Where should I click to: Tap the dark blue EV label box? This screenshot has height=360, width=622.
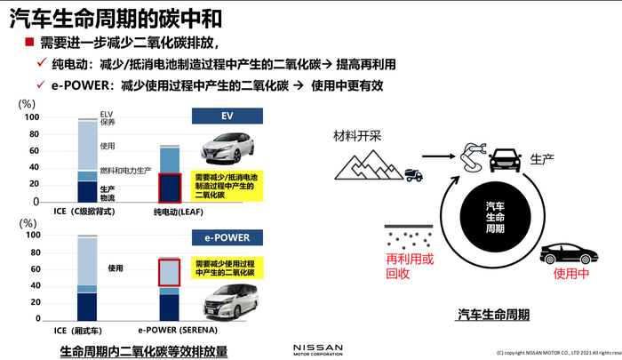[x=227, y=116]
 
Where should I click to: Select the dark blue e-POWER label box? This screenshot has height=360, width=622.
[x=227, y=237]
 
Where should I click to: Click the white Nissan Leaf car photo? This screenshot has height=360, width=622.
[x=227, y=147]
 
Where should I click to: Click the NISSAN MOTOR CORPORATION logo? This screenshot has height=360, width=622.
[x=317, y=348]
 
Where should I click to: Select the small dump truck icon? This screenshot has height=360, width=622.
[x=414, y=175]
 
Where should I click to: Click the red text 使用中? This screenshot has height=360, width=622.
[x=571, y=275]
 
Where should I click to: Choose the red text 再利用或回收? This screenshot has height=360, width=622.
[x=411, y=266]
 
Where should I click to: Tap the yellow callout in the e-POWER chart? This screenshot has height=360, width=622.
[x=224, y=268]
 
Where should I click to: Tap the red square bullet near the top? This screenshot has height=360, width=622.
[x=28, y=43]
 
